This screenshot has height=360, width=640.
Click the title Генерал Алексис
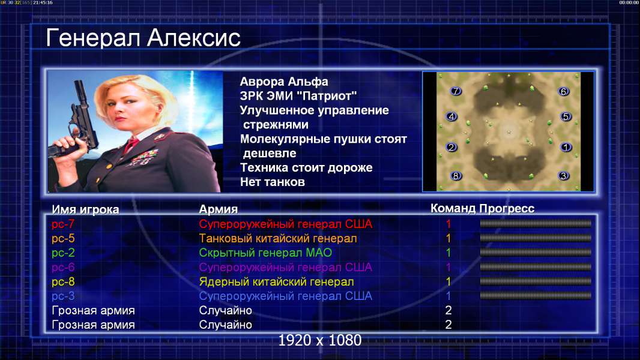click(143, 38)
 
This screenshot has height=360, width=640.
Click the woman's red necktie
click(131, 145)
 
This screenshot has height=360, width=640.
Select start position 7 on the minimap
click(456, 91)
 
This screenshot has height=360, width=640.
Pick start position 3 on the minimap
click(564, 176)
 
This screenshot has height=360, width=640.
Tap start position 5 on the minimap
click(566, 116)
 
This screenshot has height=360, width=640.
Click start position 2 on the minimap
click(451, 147)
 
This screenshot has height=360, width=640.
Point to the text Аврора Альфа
click(284, 82)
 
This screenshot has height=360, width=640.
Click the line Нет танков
click(273, 182)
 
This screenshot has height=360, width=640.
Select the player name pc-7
click(63, 224)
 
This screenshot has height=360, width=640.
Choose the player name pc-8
click(63, 281)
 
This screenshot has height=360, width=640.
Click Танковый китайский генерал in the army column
click(278, 239)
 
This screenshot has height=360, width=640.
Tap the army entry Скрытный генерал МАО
click(265, 253)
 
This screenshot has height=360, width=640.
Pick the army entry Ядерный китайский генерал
click(276, 282)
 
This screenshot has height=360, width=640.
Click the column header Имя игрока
click(85, 209)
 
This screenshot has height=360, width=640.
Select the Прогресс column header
click(507, 208)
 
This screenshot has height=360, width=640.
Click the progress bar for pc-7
click(536, 223)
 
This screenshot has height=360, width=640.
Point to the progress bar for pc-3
click(536, 296)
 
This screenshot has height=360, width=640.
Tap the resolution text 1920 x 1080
click(320, 340)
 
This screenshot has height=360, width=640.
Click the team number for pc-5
click(448, 239)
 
